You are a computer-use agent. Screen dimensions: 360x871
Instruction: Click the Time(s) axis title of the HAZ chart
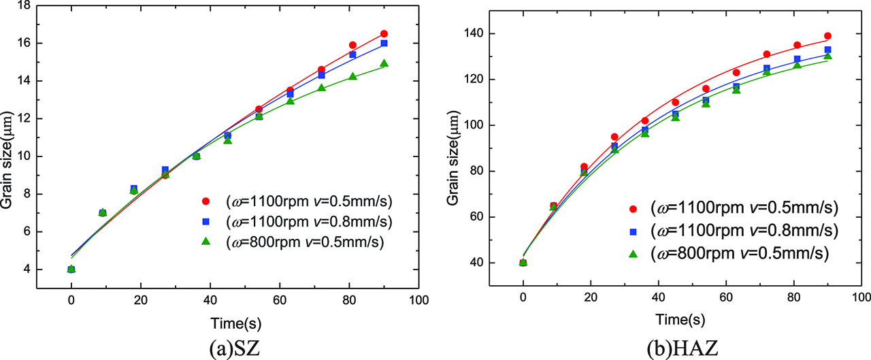tap(680, 319)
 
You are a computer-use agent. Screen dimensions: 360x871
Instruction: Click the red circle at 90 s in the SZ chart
tap(384, 33)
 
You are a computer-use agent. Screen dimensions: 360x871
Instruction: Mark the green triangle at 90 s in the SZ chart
tap(384, 63)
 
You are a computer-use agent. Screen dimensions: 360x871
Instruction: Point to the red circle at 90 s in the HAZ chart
tap(827, 35)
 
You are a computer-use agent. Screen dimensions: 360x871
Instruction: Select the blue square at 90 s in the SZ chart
tap(384, 43)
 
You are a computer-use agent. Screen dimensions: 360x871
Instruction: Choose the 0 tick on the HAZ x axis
tap(523, 299)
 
